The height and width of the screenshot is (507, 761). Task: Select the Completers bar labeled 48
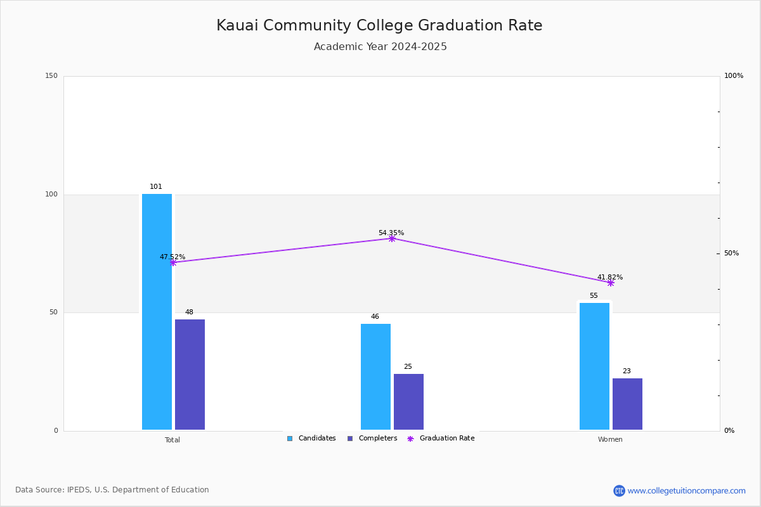pyautogui.click(x=190, y=375)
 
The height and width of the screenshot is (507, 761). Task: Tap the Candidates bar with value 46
pyautogui.click(x=375, y=377)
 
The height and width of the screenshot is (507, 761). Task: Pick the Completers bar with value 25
pyautogui.click(x=408, y=402)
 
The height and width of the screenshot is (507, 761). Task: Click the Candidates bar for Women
pyautogui.click(x=594, y=366)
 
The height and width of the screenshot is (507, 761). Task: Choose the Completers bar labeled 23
pyautogui.click(x=627, y=404)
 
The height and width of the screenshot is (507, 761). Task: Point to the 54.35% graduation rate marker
pyautogui.click(x=391, y=238)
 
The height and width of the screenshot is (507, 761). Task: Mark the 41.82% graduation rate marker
pyautogui.click(x=610, y=283)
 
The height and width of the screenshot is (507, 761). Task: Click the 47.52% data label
pyautogui.click(x=172, y=257)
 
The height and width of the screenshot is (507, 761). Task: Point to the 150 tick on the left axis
pyautogui.click(x=51, y=76)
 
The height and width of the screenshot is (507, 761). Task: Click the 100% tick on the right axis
pyautogui.click(x=734, y=76)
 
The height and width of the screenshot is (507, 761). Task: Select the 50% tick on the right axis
pyautogui.click(x=731, y=253)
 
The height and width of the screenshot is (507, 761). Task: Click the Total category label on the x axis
pyautogui.click(x=172, y=440)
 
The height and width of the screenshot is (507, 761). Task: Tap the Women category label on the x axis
pyautogui.click(x=610, y=440)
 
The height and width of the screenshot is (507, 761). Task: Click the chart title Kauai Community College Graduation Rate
pyautogui.click(x=379, y=25)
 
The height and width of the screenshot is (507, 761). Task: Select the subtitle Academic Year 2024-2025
pyautogui.click(x=380, y=47)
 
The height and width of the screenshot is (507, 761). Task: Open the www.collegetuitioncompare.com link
pyautogui.click(x=686, y=491)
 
